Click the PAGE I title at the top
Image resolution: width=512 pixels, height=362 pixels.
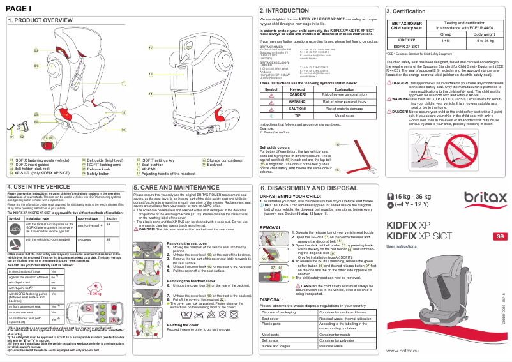pos(19,8)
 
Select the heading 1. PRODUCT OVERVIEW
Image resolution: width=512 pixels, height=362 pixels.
pos(40,20)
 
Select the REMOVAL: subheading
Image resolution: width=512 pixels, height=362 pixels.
pos(271,227)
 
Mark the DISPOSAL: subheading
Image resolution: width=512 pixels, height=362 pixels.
pos(272,299)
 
